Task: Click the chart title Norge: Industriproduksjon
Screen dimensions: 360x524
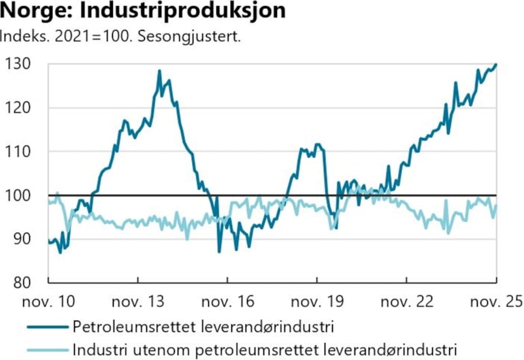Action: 144,12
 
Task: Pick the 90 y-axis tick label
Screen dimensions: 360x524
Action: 22,239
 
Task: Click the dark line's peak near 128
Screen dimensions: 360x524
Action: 159,71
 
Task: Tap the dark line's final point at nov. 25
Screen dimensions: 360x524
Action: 495,65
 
